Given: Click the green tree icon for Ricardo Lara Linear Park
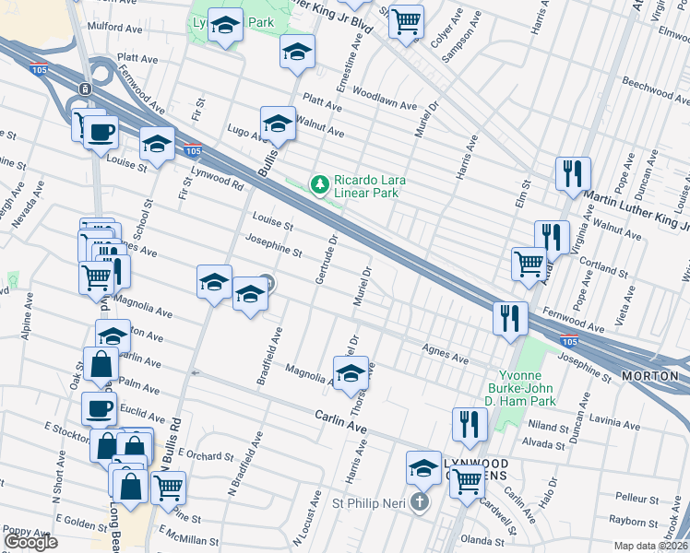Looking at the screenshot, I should tap(320, 185).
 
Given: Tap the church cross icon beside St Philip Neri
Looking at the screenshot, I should tap(419, 502).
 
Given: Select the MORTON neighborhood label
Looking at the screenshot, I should tap(651, 377).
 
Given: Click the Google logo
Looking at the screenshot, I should tap(30, 542).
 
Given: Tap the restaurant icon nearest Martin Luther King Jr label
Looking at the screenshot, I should tap(573, 172).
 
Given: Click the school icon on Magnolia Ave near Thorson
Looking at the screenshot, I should tap(351, 373).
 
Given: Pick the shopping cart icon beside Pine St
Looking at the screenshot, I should tap(168, 488).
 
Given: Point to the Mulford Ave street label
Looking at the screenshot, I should tap(117, 28).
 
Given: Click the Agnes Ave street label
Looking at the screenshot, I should tap(440, 349).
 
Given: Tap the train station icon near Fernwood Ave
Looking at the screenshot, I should tap(84, 88).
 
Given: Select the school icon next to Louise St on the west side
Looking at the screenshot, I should tap(158, 145).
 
